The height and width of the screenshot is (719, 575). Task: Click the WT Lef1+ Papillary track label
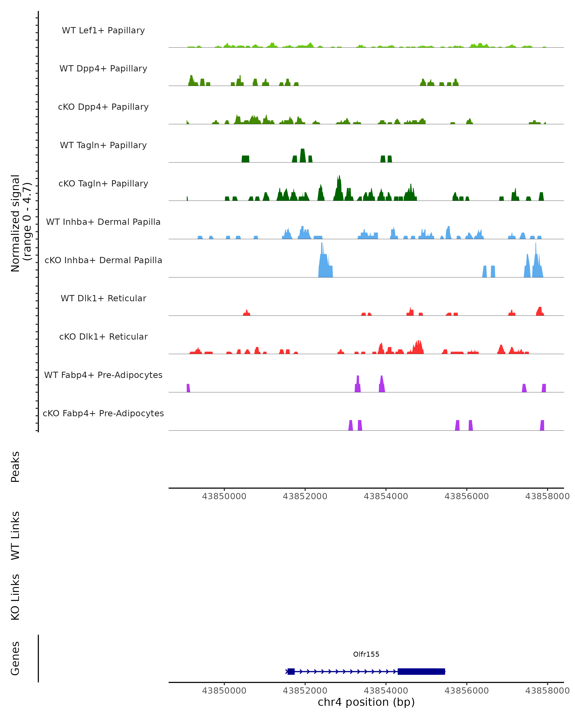point(103,30)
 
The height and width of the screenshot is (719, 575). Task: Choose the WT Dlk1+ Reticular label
point(103,298)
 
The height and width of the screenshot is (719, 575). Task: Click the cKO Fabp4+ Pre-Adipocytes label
point(103,413)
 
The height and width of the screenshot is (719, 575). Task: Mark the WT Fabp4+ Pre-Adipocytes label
point(103,375)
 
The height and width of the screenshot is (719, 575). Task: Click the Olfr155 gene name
point(366,654)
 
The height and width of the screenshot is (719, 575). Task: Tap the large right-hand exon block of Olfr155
point(421,671)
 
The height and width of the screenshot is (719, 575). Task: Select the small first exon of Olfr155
point(291,671)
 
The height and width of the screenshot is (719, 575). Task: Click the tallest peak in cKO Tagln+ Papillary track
point(339,188)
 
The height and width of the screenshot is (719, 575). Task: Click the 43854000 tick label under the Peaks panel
point(386,496)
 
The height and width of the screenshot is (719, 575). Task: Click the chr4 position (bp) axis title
point(366,702)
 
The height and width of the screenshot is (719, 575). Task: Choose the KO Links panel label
point(15,597)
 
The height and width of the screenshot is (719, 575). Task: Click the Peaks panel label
point(15,467)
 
